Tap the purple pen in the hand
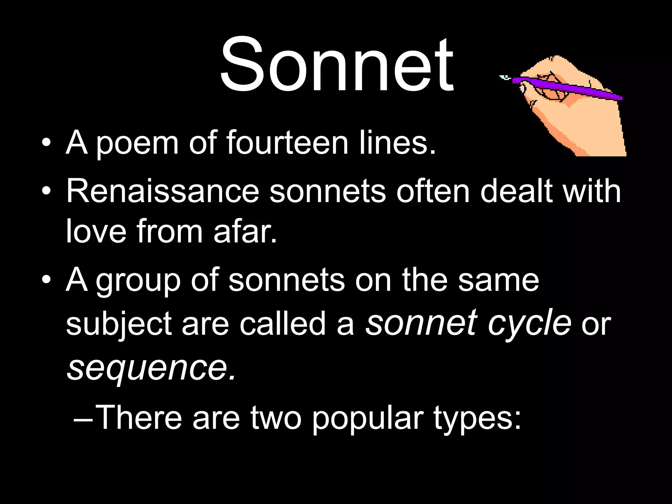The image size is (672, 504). [568, 88]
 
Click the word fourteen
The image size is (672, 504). [287, 142]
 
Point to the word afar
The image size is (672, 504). [244, 231]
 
